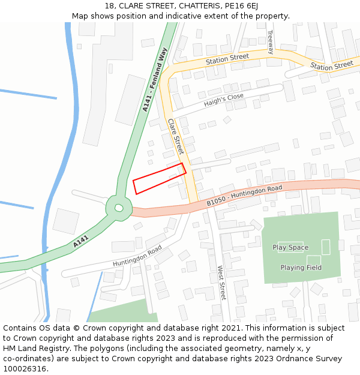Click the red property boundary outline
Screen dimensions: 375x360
tap(159, 178)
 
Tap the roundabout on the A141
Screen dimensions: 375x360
tap(119, 208)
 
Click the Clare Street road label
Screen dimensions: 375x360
tap(175, 137)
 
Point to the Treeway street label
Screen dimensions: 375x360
tap(270, 42)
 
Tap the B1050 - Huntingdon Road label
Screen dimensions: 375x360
tap(244, 196)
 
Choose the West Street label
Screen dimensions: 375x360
tap(222, 283)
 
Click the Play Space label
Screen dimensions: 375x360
tap(290, 247)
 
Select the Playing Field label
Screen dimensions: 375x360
tap(301, 268)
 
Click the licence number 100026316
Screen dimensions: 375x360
tap(25, 369)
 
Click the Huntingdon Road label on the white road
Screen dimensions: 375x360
tap(137, 257)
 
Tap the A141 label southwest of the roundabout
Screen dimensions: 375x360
tap(81, 242)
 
